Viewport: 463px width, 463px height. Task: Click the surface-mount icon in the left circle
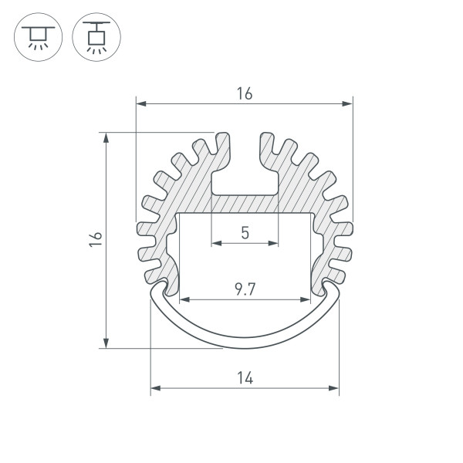[38, 38]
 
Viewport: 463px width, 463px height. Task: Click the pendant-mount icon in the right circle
[96, 38]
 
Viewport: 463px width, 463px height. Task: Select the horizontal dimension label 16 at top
[245, 93]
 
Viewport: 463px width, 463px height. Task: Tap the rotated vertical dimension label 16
[96, 239]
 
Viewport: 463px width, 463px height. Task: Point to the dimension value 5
[245, 233]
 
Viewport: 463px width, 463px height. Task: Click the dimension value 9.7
[245, 289]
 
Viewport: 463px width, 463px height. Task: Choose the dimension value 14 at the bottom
[245, 378]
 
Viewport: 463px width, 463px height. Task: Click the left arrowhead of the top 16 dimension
[141, 103]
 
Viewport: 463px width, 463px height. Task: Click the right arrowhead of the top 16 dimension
[347, 103]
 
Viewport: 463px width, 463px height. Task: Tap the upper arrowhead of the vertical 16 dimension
[106, 137]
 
